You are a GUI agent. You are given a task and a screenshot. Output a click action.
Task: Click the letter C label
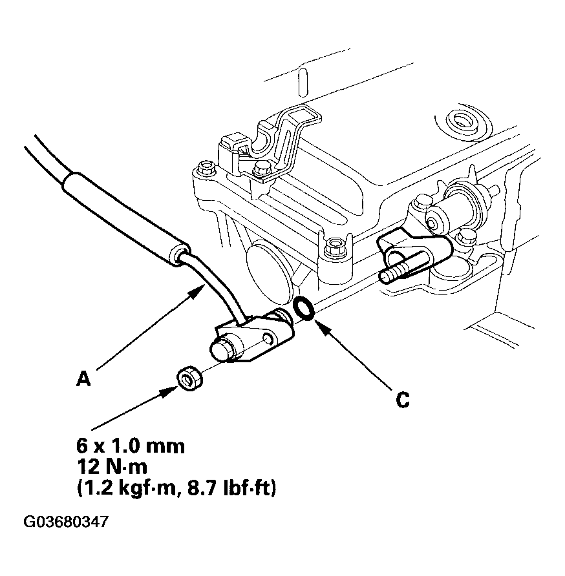point(401,400)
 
